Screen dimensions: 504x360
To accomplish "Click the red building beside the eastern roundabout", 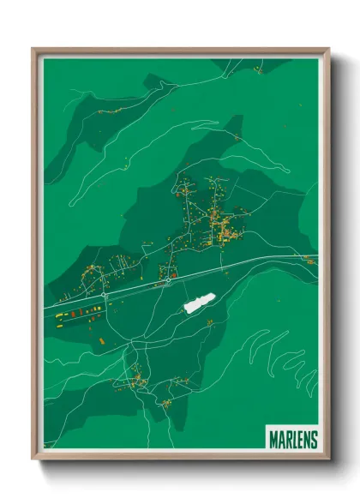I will tap(173, 276).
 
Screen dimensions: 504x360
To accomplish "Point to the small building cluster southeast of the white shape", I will tap(209, 320).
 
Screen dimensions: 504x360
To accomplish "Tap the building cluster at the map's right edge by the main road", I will tap(309, 261).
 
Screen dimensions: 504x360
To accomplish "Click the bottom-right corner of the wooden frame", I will tap(328, 459).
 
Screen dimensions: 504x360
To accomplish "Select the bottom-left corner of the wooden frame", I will tap(33, 459).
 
